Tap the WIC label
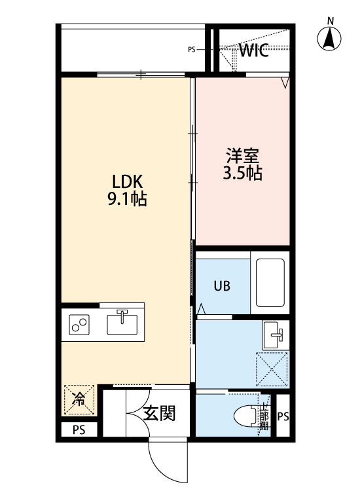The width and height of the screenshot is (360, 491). [253, 52]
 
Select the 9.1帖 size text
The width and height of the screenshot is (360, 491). [127, 199]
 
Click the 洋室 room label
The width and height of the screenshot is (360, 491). [243, 156]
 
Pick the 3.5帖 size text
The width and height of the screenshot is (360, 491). [243, 173]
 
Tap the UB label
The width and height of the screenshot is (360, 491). [221, 287]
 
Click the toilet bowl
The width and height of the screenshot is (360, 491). [246, 416]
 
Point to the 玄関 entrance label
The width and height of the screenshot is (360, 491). [159, 413]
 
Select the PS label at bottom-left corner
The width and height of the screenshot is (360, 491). [79, 430]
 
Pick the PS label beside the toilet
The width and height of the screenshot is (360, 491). [283, 417]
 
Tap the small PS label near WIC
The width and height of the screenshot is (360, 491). [192, 49]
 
